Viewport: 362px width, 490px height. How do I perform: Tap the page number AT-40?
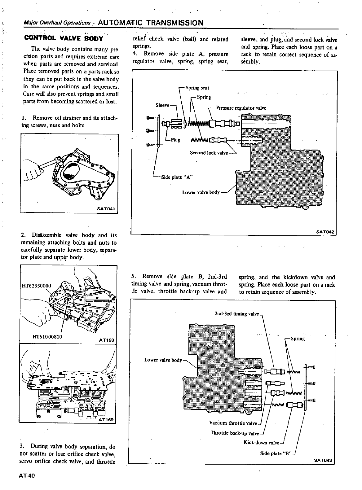tap(27, 476)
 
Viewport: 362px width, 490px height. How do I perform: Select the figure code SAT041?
tap(107, 209)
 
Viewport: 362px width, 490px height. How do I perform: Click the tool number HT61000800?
tap(47, 337)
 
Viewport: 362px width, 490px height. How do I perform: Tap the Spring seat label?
tap(197, 88)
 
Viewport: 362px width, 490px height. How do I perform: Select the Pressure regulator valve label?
tap(241, 108)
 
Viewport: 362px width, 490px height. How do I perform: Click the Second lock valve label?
tap(209, 153)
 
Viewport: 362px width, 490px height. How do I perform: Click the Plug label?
tap(175, 140)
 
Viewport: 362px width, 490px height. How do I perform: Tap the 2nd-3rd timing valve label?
tap(236, 314)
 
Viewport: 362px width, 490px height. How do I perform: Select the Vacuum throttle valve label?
tap(233, 423)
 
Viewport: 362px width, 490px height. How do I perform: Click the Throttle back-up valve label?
tap(235, 433)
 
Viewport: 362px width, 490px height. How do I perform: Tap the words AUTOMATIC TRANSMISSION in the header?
tap(151, 23)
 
